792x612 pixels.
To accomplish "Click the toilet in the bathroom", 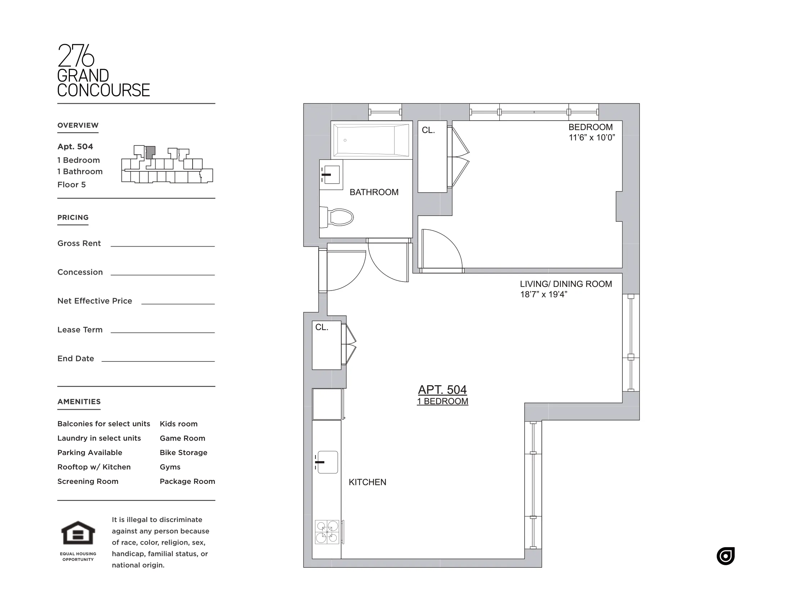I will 339,217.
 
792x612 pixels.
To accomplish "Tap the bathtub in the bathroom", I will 372,140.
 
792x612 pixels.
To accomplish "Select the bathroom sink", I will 331,174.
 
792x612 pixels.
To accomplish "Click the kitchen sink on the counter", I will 328,462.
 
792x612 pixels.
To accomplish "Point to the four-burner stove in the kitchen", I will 327,532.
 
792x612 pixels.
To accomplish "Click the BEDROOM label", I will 590,127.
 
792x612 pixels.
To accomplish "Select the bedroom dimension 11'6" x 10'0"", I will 591,138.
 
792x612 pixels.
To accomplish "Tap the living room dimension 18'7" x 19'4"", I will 543,294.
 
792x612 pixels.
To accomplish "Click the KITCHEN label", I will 367,482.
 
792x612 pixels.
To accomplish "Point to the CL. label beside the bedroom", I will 428,130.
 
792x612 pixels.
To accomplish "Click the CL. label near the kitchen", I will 321,327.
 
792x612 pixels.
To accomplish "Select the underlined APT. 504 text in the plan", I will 442,390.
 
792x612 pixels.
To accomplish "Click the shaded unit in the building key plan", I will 150,152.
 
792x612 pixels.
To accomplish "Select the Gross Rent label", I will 79,243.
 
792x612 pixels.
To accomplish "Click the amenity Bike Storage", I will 184,453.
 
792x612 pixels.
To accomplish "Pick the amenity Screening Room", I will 88,481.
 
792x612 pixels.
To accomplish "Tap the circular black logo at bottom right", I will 725,556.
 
